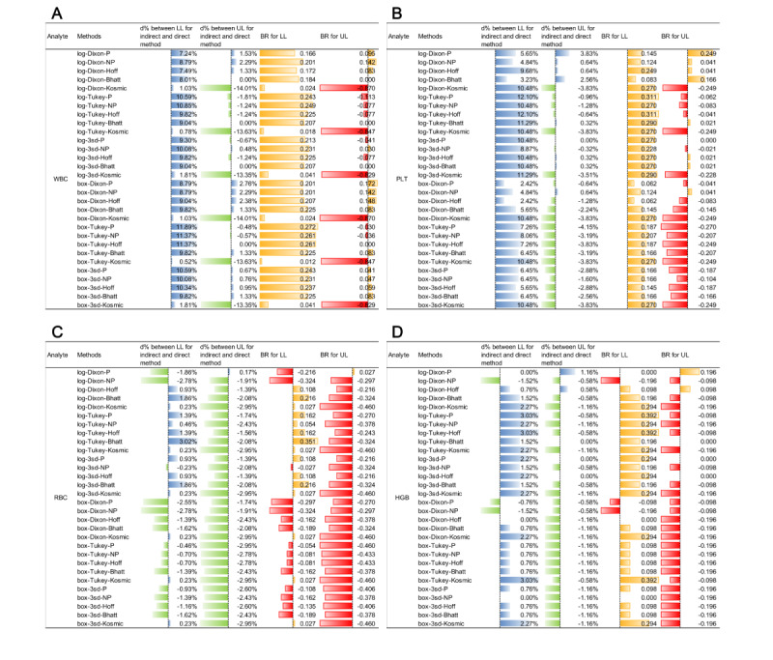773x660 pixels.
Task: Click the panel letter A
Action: tap(29, 15)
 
